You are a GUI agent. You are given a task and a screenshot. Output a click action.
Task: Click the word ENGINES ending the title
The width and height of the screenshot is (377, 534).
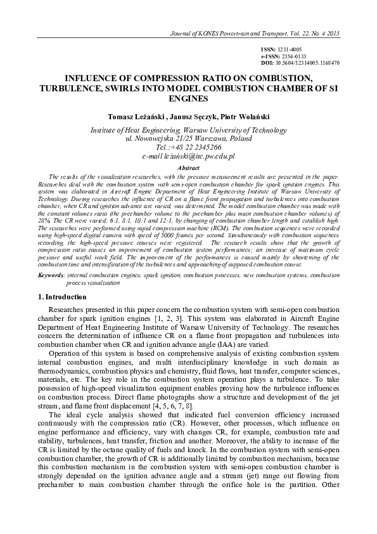coord(189,100)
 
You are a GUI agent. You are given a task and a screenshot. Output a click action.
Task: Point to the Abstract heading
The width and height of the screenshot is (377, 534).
coord(189,167)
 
